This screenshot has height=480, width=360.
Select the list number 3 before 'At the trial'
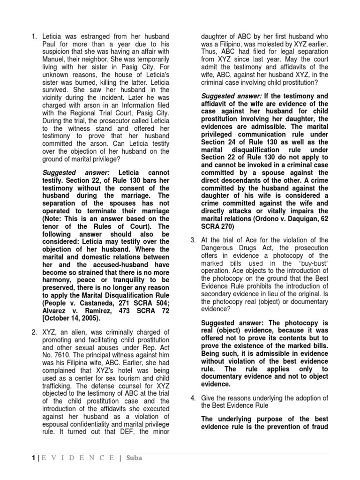[x=192, y=240]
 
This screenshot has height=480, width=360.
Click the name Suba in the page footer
[x=133, y=458]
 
